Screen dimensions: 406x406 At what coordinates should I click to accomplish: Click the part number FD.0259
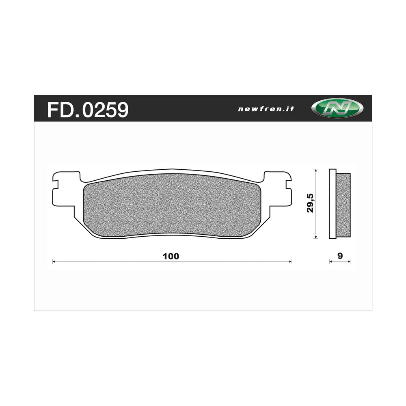coord(88,110)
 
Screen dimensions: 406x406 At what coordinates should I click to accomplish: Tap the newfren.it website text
coord(266,109)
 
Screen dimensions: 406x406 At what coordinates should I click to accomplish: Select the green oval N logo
coord(337,109)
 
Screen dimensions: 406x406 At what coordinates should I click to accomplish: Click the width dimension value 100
coord(171,256)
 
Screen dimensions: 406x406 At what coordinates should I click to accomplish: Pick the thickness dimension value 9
coord(340,256)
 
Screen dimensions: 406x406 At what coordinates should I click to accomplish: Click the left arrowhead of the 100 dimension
coord(54,262)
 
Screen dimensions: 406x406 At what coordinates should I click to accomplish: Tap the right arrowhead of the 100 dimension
coord(290,262)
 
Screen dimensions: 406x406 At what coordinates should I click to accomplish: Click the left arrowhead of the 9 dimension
coord(330,262)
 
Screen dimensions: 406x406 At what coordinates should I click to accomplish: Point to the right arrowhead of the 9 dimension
coord(349,262)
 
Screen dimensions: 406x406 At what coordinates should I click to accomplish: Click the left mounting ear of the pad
coord(65,191)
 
